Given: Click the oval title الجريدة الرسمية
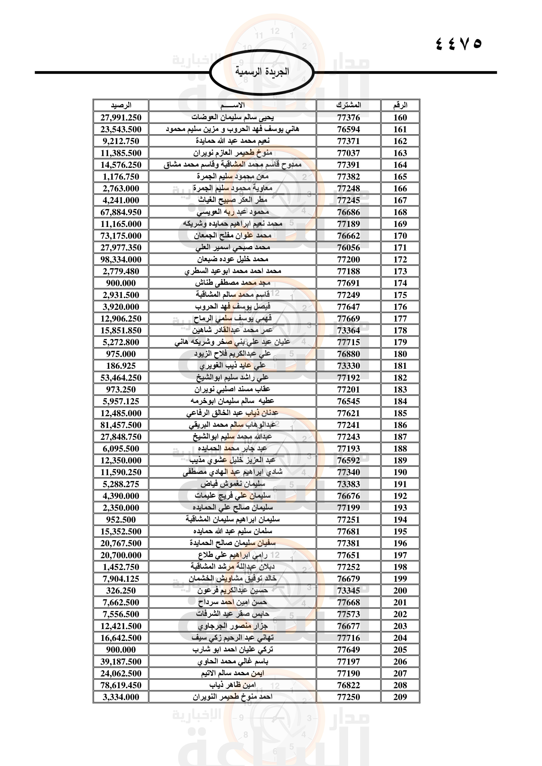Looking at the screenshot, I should point(262,71).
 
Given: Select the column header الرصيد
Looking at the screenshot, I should point(121,105).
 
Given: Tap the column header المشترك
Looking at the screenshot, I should point(348,105).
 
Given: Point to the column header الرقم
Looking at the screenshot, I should point(400,105).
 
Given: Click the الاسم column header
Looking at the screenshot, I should point(232,105).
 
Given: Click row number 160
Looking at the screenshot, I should point(400,118).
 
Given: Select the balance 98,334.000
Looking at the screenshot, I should point(121,259).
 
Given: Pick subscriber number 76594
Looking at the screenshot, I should point(348,129).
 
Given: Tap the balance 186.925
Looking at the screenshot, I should point(121,366).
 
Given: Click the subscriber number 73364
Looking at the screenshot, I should point(348,330).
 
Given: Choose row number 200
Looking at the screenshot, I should point(400,590).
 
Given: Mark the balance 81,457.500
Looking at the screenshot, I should point(121,425).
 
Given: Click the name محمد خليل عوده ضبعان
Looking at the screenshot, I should point(232,259).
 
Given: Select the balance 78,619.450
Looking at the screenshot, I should point(121,685).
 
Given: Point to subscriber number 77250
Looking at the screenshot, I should point(348,697).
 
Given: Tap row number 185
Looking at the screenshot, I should point(400,413).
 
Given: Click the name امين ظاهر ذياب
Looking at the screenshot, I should point(232,685).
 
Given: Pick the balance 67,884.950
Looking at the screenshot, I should point(121,212).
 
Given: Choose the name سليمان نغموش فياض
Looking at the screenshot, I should point(232,484).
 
